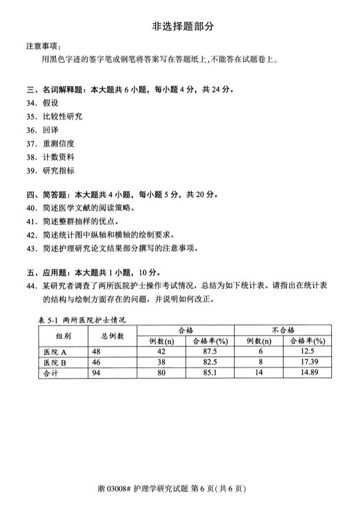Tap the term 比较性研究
click(62, 116)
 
